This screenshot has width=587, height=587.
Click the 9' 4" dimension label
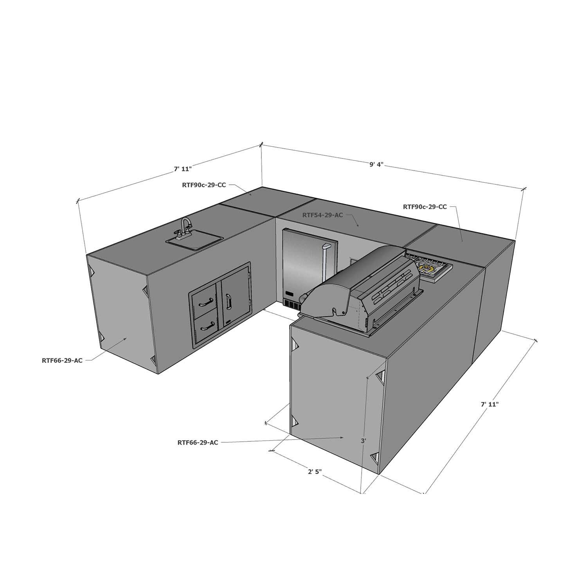coord(376,165)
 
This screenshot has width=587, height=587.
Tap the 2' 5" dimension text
coord(314,472)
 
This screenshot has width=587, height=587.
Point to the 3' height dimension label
coord(363,441)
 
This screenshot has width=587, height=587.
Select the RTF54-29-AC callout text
coord(322,215)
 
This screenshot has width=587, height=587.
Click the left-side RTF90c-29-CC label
coord(203,185)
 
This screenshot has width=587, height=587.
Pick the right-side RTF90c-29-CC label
coord(425,207)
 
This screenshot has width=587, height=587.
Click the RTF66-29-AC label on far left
coord(62,360)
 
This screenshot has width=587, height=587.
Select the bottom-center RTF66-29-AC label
coord(198,443)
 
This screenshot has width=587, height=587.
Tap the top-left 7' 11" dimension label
coord(182,169)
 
